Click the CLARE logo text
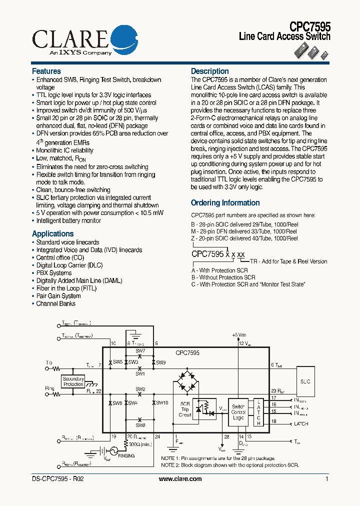coord(70,38)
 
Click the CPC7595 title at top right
coord(310,26)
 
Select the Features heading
coord(46,71)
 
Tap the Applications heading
coord(52,233)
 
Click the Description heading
coord(210,71)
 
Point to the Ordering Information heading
coord(225,203)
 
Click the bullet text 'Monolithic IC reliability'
coord(64,150)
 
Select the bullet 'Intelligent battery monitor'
coord(68,220)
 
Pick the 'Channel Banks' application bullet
coord(55,303)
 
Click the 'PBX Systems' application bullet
coord(54,273)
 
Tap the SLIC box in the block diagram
coord(305,381)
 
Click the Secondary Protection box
coord(73,381)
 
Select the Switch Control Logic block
coord(238,412)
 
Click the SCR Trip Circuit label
coord(185,409)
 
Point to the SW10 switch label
coord(162,402)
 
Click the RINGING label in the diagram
coord(126,455)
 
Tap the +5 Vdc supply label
coord(239,335)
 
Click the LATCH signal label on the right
coord(301,423)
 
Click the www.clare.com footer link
coord(180,478)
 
